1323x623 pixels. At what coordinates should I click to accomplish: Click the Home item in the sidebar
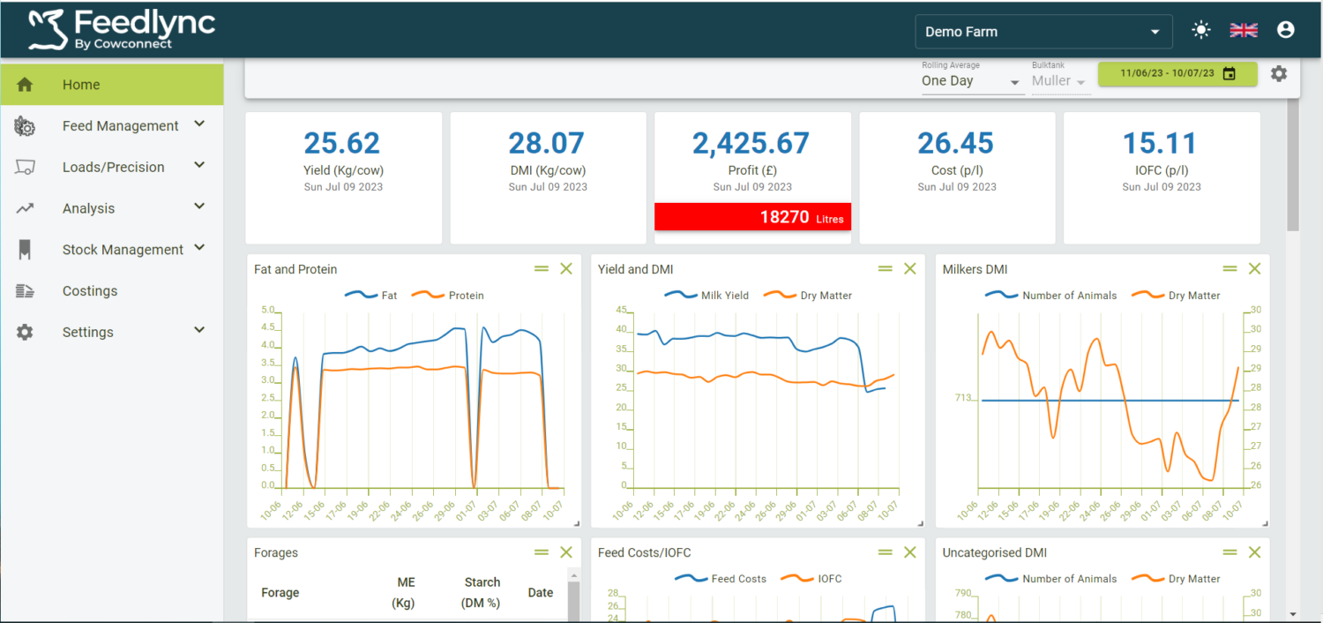[x=81, y=85]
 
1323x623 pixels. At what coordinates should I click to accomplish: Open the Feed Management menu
[x=120, y=126]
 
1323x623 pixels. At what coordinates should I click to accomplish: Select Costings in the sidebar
[x=89, y=291]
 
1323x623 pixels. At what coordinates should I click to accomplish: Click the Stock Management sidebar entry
[x=123, y=250]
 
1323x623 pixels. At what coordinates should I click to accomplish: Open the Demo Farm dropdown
[x=1043, y=32]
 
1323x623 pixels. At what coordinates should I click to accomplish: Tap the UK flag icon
[x=1244, y=30]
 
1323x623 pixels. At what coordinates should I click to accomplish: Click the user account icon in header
[x=1285, y=30]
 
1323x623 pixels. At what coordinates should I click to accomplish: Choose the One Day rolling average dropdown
[x=970, y=81]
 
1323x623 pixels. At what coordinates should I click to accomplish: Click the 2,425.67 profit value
[x=751, y=143]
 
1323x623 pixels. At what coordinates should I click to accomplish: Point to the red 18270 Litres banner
[x=752, y=217]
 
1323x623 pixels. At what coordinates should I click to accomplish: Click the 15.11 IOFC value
[x=1161, y=143]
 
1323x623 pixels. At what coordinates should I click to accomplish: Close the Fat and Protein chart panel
[x=566, y=269]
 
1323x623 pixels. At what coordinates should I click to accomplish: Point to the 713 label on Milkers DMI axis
[x=963, y=398]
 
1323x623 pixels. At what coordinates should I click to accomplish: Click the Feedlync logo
[x=122, y=29]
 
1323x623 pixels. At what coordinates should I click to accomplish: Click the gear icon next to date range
[x=1278, y=74]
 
